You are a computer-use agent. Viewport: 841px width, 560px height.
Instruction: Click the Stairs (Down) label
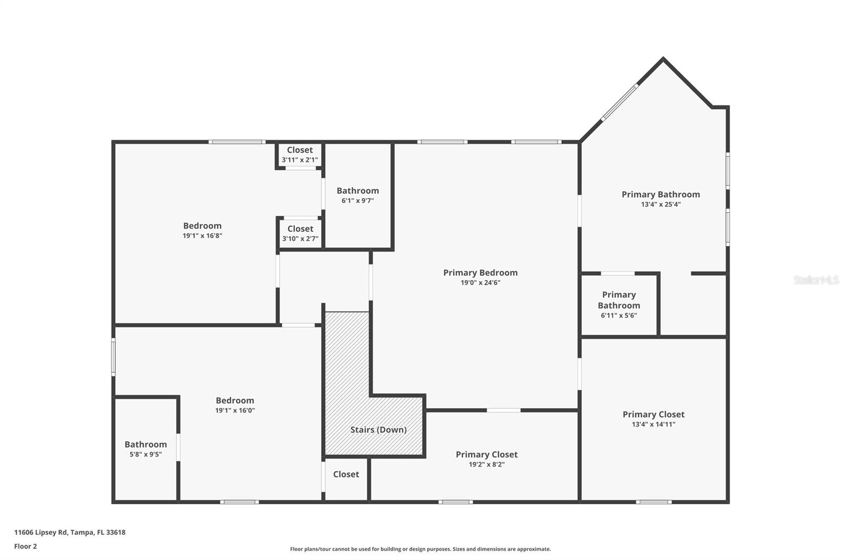tap(378, 430)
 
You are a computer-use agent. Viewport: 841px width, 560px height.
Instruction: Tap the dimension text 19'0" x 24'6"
tap(480, 283)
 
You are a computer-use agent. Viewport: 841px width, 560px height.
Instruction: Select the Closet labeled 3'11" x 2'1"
tap(300, 155)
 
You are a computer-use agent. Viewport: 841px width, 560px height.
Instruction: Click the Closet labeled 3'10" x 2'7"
tap(300, 233)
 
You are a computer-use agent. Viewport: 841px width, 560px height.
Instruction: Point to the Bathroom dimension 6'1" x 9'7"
tap(357, 201)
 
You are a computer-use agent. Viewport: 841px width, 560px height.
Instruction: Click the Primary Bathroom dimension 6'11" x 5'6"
tap(619, 316)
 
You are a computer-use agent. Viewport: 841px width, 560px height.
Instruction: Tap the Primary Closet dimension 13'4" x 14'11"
tap(653, 424)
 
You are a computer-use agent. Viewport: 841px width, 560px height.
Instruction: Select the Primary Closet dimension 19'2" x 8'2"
tap(486, 464)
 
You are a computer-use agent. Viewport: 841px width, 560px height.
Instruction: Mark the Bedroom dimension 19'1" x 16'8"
tap(202, 236)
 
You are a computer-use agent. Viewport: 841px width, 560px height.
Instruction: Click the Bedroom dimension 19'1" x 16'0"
tap(235, 411)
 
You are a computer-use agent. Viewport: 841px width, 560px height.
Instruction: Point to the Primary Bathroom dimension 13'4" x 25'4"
tap(661, 204)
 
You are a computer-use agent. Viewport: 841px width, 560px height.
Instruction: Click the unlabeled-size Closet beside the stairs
tap(346, 474)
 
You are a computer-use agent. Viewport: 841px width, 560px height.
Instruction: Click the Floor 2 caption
tap(25, 546)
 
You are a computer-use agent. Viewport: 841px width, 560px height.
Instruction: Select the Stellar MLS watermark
tap(816, 280)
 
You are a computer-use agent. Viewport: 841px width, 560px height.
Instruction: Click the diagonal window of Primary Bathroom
tap(620, 102)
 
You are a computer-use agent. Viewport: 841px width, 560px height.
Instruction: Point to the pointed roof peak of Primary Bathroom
tap(663, 59)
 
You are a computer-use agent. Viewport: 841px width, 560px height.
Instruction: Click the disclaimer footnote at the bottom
tap(420, 549)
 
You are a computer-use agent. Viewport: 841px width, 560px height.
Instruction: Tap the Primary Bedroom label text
tap(480, 273)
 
